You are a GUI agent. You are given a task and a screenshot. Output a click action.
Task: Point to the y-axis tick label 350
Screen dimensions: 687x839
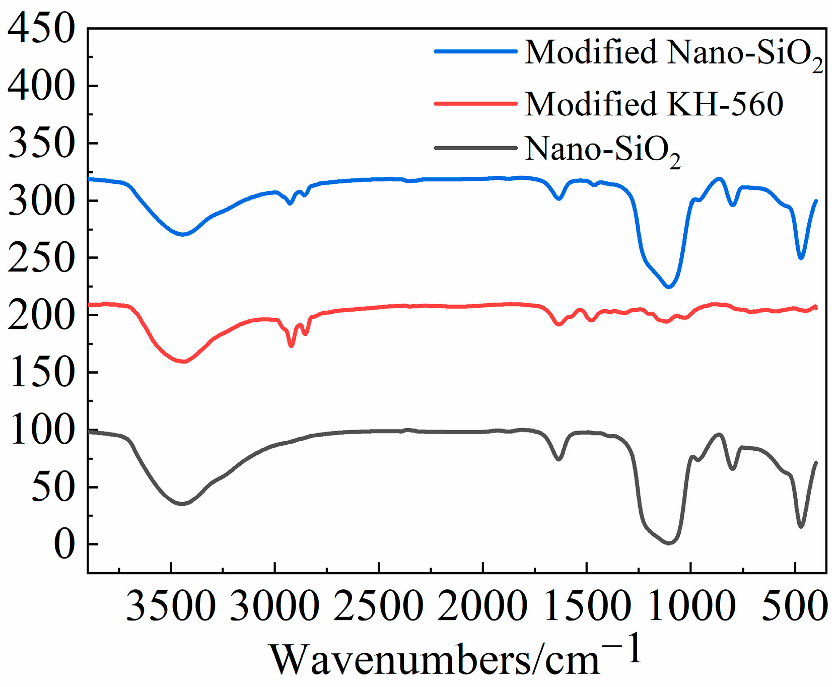point(41,144)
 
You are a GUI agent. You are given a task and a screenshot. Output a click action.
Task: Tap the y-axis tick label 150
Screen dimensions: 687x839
point(41,373)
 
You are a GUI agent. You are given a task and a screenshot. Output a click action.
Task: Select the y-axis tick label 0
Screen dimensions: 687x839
point(64,544)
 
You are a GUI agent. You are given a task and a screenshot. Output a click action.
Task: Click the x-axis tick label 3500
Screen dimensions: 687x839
point(171,605)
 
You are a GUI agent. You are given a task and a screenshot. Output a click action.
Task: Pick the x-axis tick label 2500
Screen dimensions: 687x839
point(378,605)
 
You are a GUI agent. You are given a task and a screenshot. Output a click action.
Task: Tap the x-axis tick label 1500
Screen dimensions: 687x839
point(586,605)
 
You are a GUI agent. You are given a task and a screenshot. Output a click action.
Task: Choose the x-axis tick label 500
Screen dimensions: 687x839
point(795,605)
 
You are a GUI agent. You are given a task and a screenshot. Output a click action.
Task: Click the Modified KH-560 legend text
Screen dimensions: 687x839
point(654,104)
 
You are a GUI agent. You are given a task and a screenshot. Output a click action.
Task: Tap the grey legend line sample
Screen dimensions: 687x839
point(476,148)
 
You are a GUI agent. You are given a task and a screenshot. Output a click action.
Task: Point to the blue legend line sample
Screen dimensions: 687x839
point(476,51)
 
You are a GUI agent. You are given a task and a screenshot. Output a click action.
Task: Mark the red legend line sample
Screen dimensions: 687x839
point(476,104)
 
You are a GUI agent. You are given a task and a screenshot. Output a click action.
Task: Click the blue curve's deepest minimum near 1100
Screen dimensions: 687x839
point(669,287)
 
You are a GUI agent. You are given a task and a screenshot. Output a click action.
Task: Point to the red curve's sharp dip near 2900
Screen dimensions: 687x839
point(291,346)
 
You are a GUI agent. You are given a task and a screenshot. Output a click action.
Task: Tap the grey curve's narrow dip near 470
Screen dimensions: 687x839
point(801,527)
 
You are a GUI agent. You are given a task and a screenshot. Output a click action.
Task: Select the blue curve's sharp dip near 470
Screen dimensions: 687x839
point(801,258)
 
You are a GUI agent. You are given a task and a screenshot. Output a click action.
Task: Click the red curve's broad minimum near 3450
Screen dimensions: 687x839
point(184,362)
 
